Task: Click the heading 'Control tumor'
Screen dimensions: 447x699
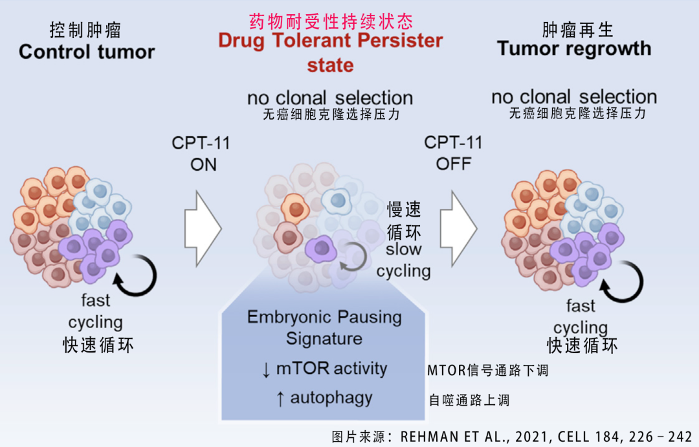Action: tap(87, 52)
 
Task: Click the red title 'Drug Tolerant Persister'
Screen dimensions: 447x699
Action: tap(330, 40)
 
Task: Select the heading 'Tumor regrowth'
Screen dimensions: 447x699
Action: tap(573, 49)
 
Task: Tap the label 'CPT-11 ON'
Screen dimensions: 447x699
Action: tap(201, 153)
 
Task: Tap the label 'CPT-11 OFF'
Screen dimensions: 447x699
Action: tap(454, 153)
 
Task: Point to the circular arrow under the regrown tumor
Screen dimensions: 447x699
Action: tap(621, 279)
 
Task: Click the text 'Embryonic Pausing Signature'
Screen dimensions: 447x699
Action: tap(324, 327)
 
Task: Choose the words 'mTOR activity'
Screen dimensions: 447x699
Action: tap(331, 369)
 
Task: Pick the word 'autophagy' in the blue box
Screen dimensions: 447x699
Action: tap(331, 397)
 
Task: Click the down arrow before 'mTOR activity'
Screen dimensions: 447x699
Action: tap(266, 369)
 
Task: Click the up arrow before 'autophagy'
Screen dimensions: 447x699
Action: tap(280, 398)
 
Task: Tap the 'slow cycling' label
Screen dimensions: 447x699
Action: tap(403, 259)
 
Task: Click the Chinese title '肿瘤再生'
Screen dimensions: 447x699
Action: tap(577, 30)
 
